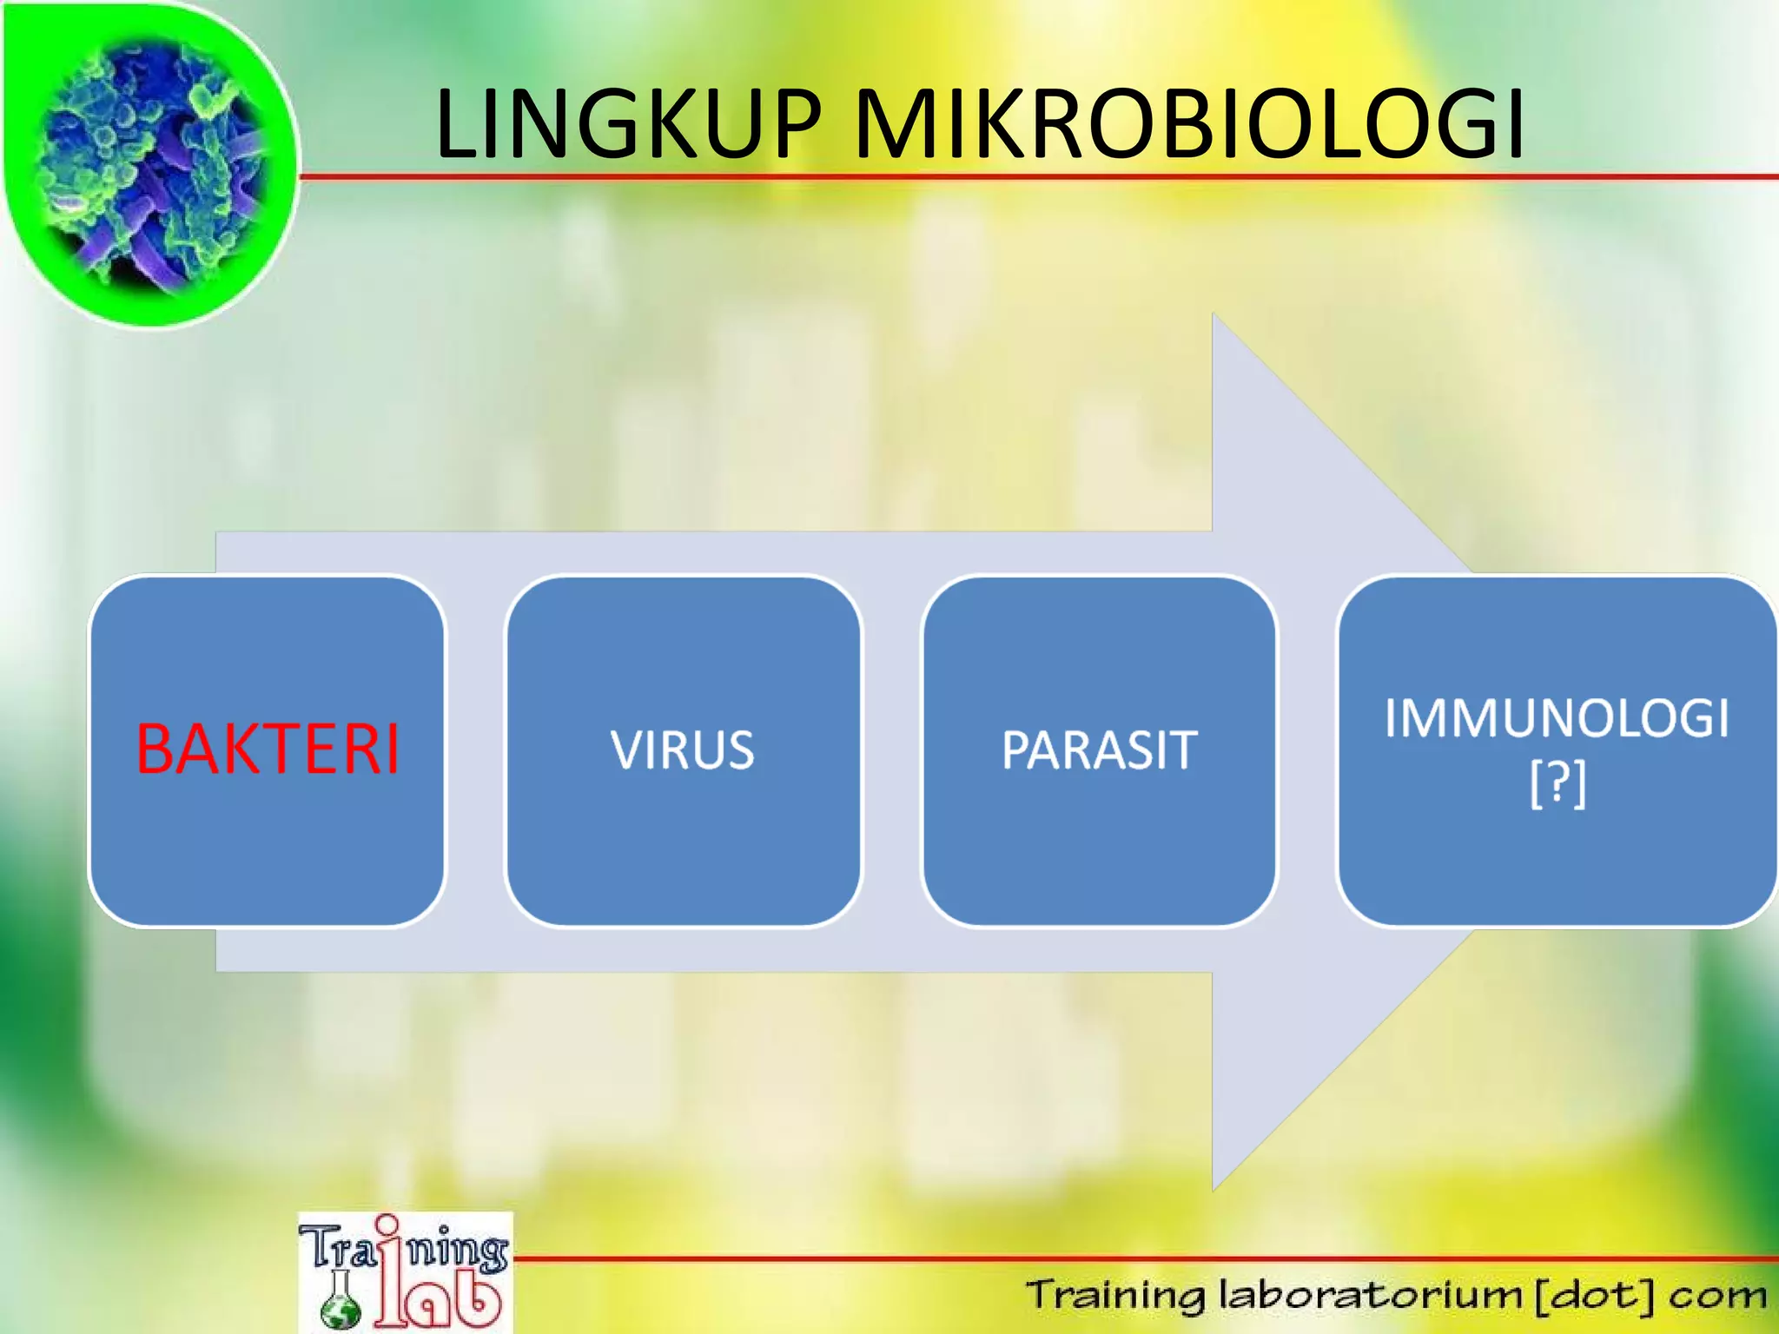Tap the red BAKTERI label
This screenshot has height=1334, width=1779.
(x=268, y=750)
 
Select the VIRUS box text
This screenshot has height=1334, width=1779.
(x=683, y=750)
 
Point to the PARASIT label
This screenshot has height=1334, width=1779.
(x=1099, y=750)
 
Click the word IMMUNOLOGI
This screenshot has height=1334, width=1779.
(x=1557, y=719)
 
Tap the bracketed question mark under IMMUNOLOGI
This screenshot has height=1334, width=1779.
(x=1557, y=783)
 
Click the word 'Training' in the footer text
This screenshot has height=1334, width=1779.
(x=1115, y=1295)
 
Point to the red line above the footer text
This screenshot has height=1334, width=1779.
(x=1129, y=1258)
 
